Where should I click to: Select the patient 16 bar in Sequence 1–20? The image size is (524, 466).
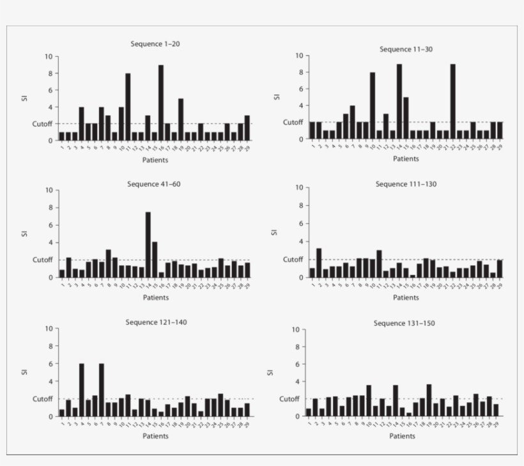(x=161, y=102)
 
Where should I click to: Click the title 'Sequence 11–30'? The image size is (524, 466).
(x=406, y=49)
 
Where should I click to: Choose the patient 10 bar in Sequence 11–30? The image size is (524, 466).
(x=372, y=105)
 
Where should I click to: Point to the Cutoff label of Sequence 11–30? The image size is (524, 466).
(x=293, y=122)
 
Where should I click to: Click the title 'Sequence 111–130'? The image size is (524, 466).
(x=406, y=184)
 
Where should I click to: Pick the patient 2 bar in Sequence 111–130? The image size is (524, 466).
(x=319, y=263)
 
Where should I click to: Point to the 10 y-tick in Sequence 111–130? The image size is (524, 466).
(x=299, y=188)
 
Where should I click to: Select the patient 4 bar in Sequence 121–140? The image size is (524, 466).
(x=81, y=390)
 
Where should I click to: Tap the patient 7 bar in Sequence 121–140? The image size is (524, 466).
(x=102, y=390)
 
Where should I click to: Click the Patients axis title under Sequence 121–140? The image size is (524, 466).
(x=155, y=436)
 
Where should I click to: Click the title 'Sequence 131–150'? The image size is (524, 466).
(x=404, y=323)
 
